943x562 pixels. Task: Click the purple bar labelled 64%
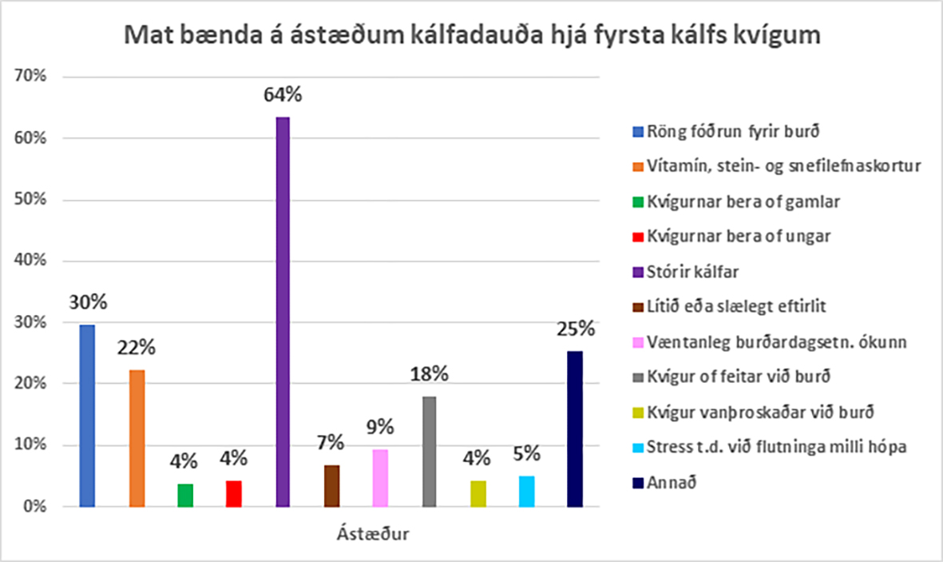point(283,312)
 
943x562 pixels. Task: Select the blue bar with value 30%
point(86,416)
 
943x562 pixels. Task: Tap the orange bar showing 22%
point(137,438)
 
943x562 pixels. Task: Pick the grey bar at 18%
point(429,452)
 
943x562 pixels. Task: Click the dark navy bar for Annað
point(575,428)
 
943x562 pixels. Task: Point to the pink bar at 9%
point(380,478)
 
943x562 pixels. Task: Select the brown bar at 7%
point(331,486)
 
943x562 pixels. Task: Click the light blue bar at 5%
point(526,491)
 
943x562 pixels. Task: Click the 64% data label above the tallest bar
point(283,95)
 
